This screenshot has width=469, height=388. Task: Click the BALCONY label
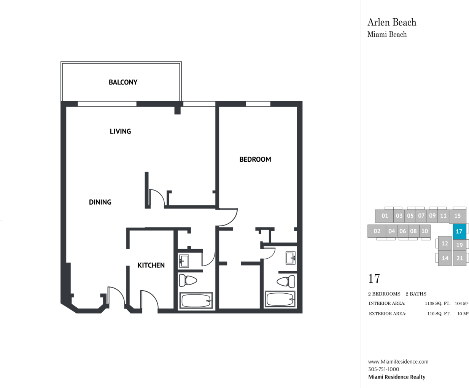click(x=123, y=82)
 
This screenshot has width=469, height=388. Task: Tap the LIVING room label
click(x=121, y=131)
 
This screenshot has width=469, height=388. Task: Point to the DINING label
click(x=100, y=202)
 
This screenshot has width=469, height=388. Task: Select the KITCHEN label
click(x=151, y=265)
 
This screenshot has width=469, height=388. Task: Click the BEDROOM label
click(x=255, y=159)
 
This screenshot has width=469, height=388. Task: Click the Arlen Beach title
click(x=392, y=22)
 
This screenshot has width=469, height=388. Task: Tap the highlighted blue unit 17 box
click(x=459, y=231)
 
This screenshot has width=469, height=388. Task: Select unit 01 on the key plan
click(x=384, y=216)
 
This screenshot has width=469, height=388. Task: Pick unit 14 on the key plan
click(x=445, y=258)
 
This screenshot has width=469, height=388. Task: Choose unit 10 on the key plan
click(x=424, y=231)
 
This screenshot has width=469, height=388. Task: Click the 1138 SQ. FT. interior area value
click(x=437, y=303)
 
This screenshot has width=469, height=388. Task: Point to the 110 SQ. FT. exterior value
click(x=439, y=314)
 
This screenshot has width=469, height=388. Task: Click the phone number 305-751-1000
click(x=384, y=369)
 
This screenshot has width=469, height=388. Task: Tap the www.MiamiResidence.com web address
click(x=398, y=362)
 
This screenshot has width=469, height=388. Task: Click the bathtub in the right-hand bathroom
click(x=280, y=299)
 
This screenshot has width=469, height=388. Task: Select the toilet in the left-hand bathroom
click(x=188, y=281)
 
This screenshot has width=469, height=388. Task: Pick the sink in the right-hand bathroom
click(x=291, y=258)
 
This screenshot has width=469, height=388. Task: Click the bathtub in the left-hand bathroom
click(x=196, y=301)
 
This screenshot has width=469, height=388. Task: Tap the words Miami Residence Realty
click(x=397, y=377)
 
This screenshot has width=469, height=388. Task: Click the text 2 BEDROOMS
click(x=384, y=294)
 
